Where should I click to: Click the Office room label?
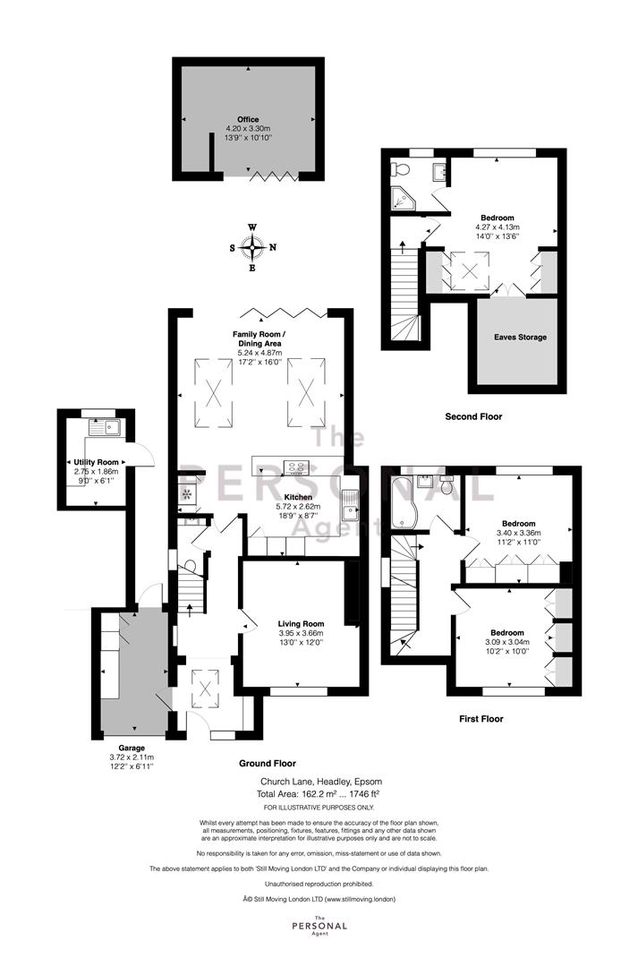(x=249, y=120)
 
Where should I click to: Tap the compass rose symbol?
(x=252, y=248)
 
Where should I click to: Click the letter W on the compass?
(x=252, y=227)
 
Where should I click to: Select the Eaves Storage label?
(x=520, y=338)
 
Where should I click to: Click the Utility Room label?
(x=96, y=462)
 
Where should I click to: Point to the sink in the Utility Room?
(x=104, y=427)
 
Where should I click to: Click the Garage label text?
(x=132, y=748)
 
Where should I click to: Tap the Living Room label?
(x=301, y=624)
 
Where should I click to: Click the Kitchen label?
(x=298, y=497)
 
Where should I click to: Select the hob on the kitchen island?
(x=296, y=466)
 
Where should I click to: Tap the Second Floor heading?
(x=473, y=417)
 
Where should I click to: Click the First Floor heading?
(x=481, y=718)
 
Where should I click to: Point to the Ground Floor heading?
(x=268, y=764)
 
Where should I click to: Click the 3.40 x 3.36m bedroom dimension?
(x=518, y=533)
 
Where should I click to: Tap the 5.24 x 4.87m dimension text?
(x=259, y=353)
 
